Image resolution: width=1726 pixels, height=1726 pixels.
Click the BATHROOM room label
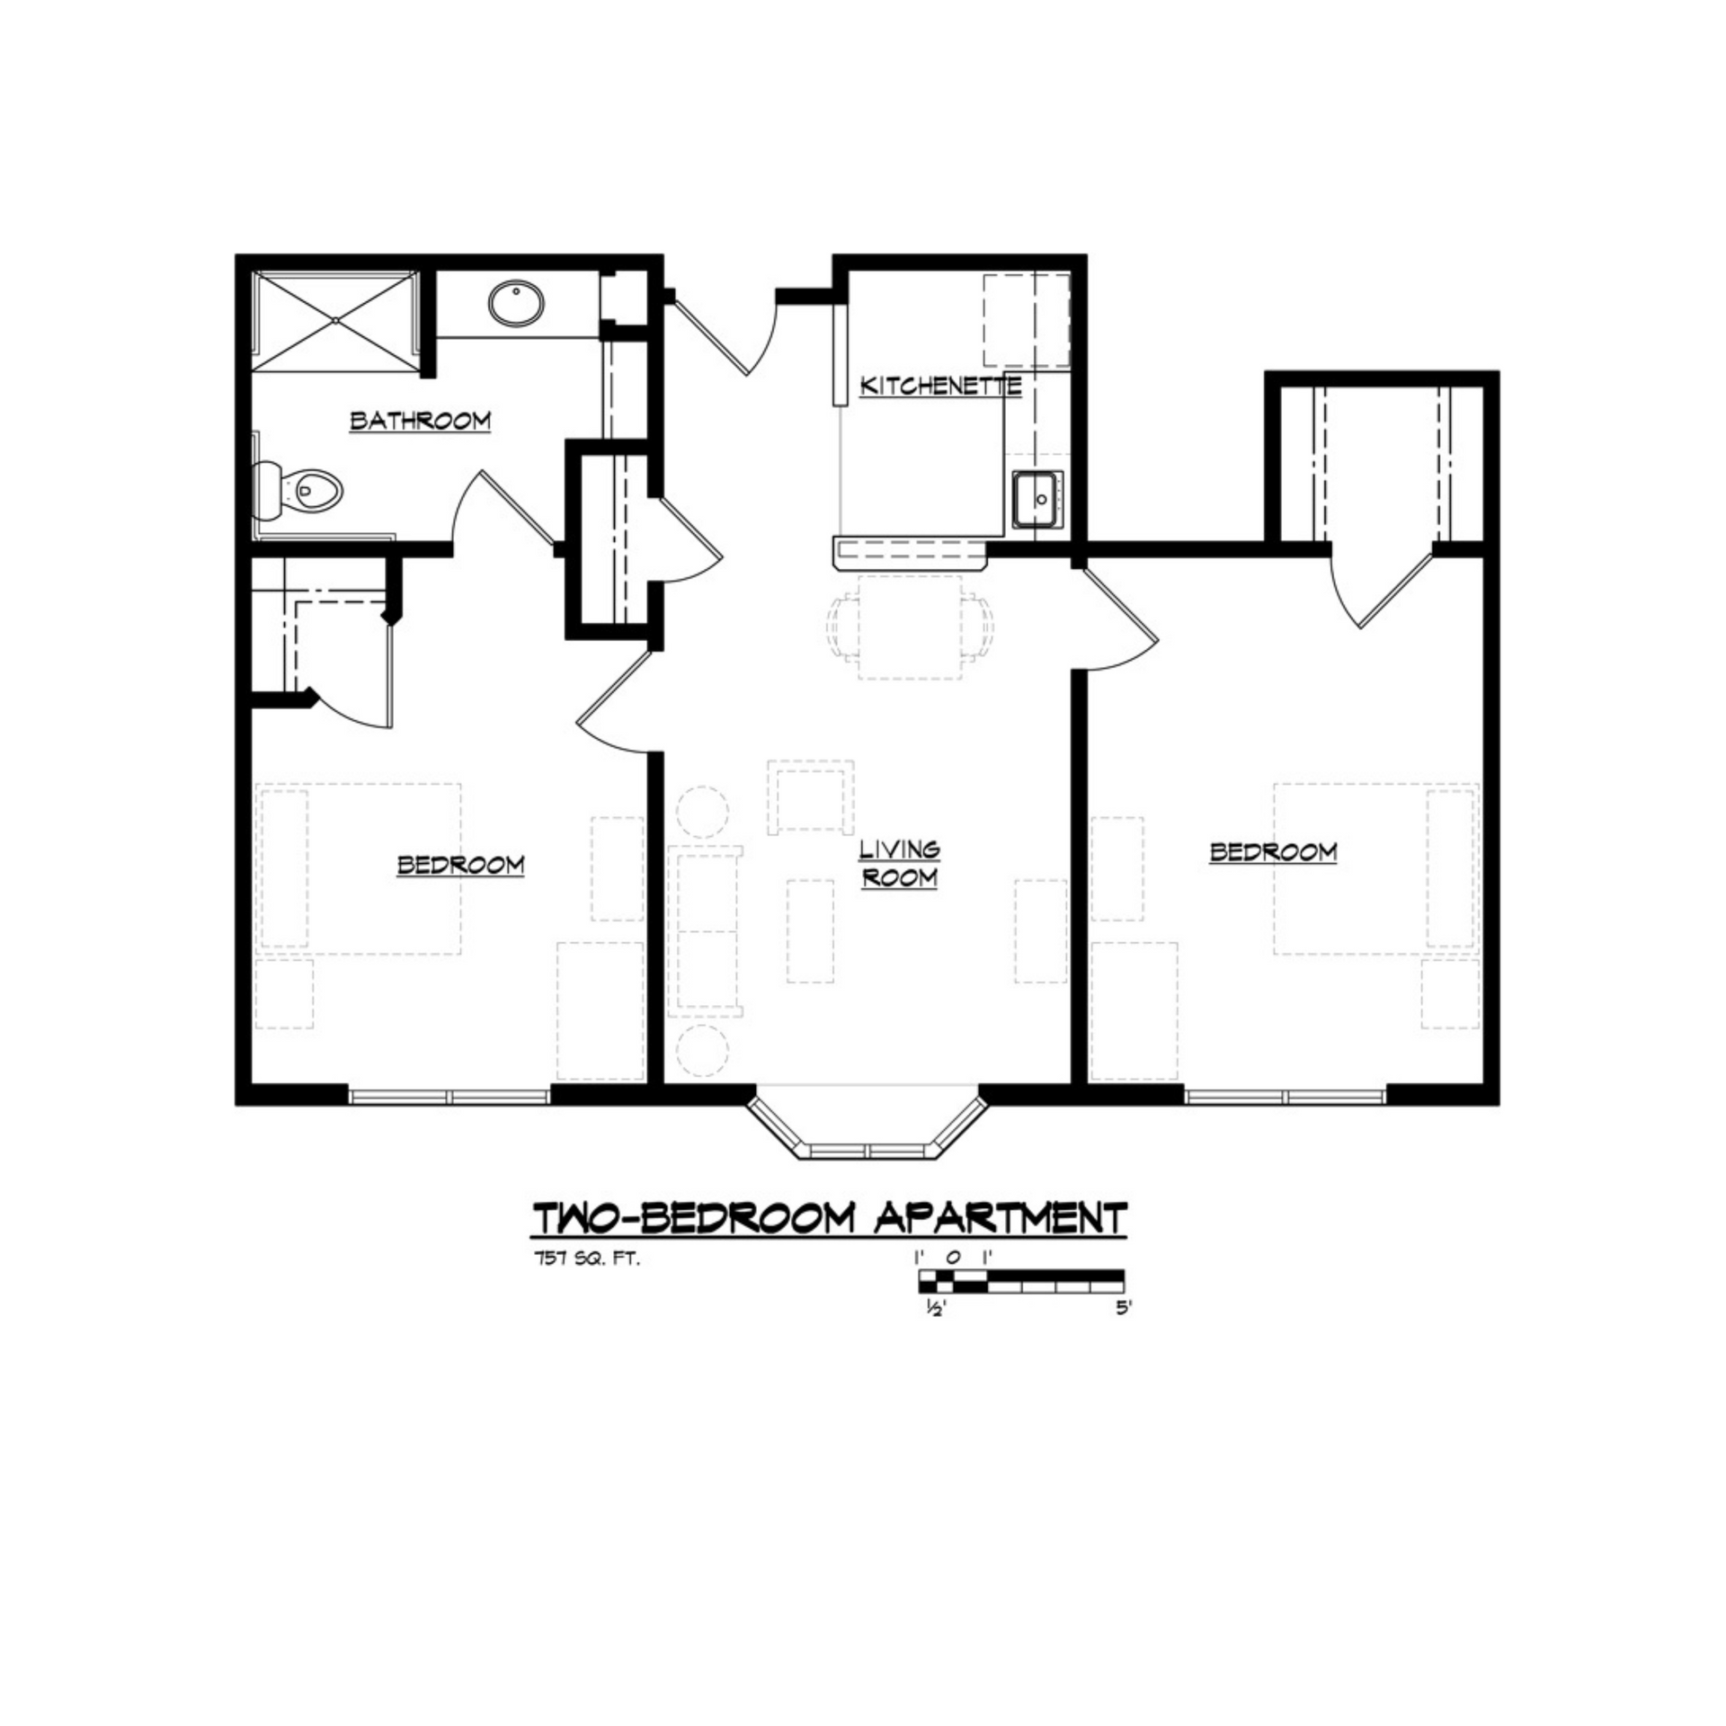(420, 421)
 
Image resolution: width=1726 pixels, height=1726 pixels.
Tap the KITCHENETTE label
(940, 387)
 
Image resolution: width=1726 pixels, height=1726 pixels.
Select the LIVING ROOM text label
(899, 863)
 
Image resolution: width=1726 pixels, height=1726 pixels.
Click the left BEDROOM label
(461, 865)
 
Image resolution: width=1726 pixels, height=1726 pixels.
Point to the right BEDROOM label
(1273, 851)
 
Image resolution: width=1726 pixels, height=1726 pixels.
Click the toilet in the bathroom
(301, 492)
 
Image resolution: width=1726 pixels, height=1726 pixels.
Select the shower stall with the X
(334, 319)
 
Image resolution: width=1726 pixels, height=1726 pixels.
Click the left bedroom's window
(449, 1096)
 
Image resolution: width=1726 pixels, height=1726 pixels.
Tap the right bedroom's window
(1286, 1096)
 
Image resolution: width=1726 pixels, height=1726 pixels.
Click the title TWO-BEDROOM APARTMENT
(830, 1218)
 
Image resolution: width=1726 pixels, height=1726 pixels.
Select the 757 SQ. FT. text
(585, 1259)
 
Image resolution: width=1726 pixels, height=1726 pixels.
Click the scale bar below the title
(1021, 1279)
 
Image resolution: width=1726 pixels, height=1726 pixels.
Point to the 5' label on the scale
(1123, 1308)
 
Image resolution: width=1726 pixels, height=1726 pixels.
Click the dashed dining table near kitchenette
(910, 626)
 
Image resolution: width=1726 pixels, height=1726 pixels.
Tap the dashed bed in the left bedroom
(360, 868)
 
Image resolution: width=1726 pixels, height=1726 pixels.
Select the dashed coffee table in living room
(810, 930)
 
